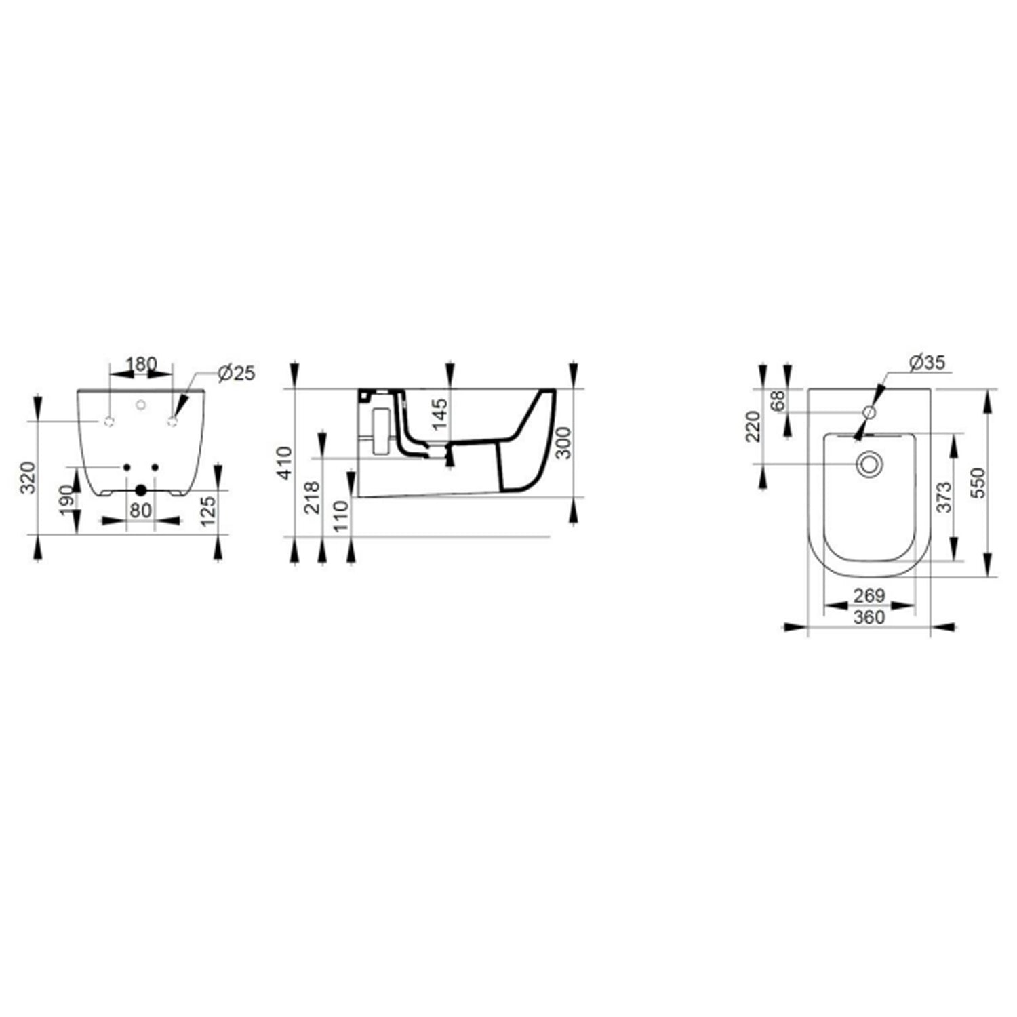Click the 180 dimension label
pyautogui.click(x=142, y=364)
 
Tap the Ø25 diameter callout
pyautogui.click(x=237, y=372)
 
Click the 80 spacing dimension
pyautogui.click(x=141, y=510)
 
